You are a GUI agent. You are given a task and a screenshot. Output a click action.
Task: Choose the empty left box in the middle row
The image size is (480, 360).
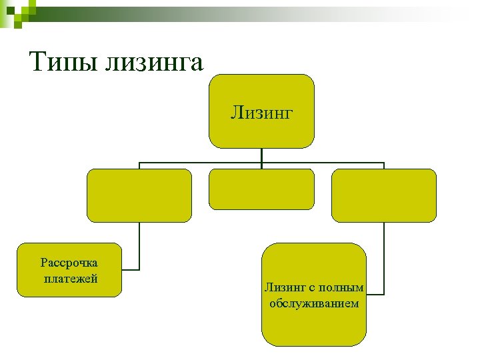139,195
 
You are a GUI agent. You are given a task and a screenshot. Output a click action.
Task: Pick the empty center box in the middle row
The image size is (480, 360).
261,189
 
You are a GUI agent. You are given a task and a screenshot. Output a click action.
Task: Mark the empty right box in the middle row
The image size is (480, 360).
384,195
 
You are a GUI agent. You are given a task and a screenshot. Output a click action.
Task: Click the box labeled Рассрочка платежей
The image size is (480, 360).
69,269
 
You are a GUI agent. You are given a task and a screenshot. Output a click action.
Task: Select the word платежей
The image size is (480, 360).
70,279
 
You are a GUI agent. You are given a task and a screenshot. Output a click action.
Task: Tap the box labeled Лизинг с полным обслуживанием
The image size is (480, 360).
314,327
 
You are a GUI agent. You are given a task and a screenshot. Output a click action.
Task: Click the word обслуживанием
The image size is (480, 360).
314,303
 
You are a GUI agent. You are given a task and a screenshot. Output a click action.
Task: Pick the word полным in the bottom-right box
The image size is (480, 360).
341,287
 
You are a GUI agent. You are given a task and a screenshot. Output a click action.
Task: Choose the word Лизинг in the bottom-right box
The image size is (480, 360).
285,287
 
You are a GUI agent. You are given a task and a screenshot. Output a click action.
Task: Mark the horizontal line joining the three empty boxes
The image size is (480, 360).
200,163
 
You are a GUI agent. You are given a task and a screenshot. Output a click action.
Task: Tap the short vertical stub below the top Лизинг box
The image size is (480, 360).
261,155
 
